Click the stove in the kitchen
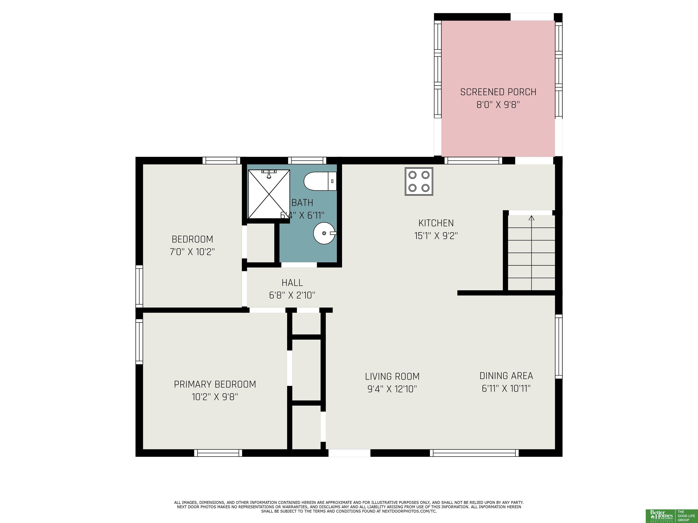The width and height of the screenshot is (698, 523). coord(419,181)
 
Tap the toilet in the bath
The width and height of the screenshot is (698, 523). coord(320,181)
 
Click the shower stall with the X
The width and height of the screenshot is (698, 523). coord(269,194)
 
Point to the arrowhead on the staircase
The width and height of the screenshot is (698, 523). coord(532,218)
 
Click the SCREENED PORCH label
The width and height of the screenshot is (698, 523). coord(498,92)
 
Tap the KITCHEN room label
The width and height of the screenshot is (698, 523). coord(436,223)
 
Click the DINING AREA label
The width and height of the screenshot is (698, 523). coord(506,376)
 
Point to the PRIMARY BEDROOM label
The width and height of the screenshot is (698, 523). coord(215,384)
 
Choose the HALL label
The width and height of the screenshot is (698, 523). coord(292,282)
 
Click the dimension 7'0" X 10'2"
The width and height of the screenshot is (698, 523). coord(192,252)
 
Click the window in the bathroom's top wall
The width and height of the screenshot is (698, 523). coord(307,160)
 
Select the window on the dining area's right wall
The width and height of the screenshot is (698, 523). coord(558,346)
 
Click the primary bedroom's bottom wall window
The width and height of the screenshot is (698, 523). coord(218,453)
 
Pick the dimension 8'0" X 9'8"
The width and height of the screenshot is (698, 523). coord(498,105)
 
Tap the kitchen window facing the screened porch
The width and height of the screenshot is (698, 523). coord(473,160)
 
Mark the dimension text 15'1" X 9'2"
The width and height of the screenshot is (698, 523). coord(436,236)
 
